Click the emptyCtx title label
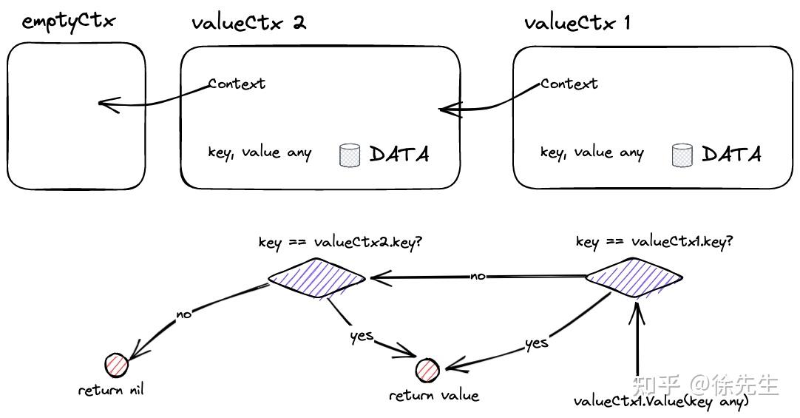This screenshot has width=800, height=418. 69,21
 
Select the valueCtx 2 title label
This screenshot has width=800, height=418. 248,22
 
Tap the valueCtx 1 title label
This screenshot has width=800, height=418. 577,22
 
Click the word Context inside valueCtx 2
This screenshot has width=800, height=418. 237,84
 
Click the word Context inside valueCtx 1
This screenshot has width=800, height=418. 569,84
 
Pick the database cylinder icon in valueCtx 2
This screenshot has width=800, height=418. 349,155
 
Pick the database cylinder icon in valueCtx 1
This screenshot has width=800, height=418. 681,155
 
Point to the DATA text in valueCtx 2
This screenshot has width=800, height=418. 399,155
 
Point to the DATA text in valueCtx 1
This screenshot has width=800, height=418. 731,155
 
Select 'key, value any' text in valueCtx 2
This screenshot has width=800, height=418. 260,153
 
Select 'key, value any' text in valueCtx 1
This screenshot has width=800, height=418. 591,153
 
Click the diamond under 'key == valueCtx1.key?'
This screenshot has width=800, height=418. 634,278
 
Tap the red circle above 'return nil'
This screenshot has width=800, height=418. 117,365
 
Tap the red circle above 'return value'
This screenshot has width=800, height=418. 427,369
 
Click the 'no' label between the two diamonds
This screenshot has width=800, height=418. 478,276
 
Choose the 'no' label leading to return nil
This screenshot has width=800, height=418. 184,314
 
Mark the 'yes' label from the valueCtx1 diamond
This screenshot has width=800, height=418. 536,343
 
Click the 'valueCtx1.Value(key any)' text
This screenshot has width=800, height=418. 661,402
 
